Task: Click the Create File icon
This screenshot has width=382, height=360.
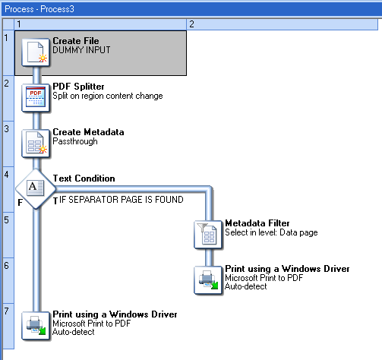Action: click(36, 52)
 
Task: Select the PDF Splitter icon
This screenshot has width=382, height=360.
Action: click(36, 98)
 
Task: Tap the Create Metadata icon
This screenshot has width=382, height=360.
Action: click(36, 144)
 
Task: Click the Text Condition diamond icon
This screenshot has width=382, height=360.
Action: click(36, 189)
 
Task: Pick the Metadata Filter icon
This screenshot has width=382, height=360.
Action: click(208, 235)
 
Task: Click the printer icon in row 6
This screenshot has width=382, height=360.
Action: click(208, 280)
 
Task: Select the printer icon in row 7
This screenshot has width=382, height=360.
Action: click(36, 326)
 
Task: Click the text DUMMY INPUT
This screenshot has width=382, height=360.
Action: click(81, 50)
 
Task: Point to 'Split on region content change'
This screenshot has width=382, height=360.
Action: click(108, 96)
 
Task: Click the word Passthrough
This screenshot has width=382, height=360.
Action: click(75, 141)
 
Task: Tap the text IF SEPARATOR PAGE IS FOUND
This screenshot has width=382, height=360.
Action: click(122, 200)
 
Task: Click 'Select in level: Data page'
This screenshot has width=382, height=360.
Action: click(271, 232)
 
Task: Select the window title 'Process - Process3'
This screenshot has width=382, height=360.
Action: click(39, 9)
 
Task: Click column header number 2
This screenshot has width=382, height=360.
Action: click(191, 24)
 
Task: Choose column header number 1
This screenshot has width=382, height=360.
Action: click(19, 24)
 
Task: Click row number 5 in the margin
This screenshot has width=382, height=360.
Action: click(7, 219)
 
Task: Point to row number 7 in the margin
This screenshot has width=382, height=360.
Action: click(7, 311)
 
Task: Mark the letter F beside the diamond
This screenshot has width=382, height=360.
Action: click(21, 202)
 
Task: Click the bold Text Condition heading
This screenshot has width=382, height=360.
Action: click(84, 178)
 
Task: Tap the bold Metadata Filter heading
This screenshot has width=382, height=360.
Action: click(257, 223)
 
